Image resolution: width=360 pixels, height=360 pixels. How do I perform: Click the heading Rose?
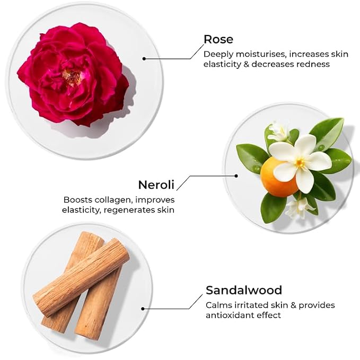218,39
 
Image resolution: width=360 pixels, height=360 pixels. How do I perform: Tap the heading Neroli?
156,185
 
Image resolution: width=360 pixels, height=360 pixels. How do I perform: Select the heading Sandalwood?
244,290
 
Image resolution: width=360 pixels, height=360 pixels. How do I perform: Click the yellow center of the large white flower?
300,163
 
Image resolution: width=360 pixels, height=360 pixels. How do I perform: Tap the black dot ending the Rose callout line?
144,58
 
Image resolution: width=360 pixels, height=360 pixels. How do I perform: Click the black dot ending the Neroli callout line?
236,176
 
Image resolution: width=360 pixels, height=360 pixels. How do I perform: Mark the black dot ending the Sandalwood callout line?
143,309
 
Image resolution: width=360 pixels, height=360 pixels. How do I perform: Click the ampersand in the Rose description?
247,64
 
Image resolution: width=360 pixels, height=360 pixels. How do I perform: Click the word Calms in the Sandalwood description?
219,305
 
